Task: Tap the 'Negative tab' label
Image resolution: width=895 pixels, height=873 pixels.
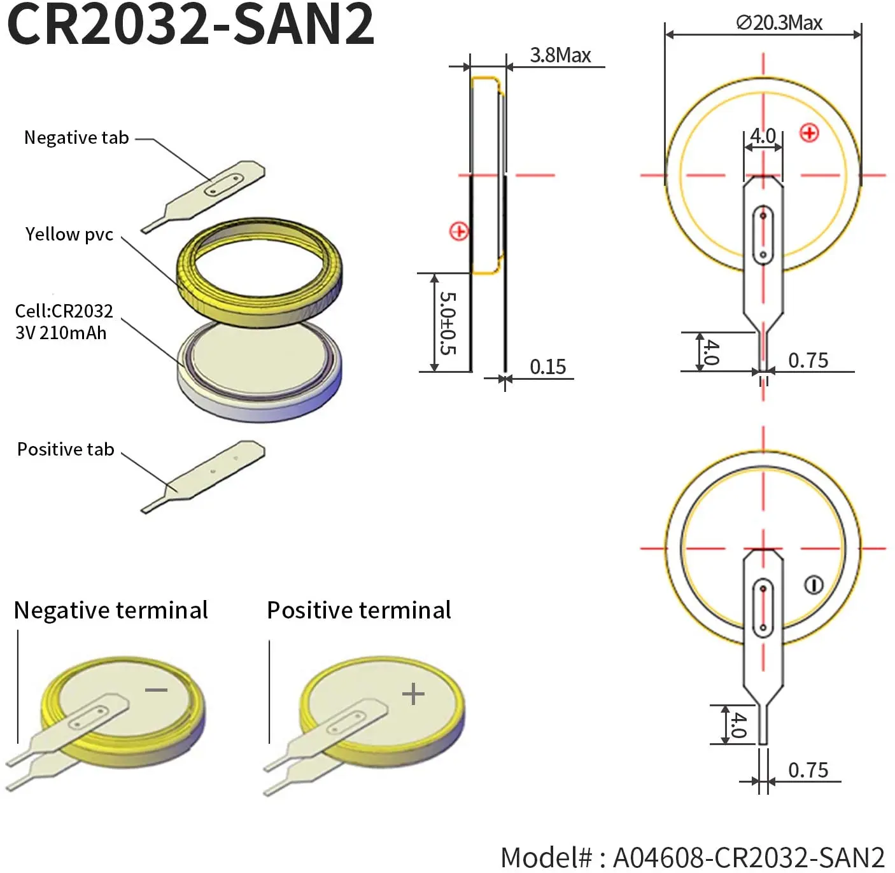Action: point(76,137)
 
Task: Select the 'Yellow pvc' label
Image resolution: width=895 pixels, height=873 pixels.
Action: point(69,234)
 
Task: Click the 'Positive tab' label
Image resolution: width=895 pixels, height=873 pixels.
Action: point(66,449)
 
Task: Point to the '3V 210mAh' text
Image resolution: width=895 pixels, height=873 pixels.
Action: point(60,333)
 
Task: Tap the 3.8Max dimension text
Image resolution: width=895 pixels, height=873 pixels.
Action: point(560,55)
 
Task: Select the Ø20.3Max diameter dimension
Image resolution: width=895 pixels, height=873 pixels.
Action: point(779,23)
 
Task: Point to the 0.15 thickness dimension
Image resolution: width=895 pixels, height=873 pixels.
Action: point(547,367)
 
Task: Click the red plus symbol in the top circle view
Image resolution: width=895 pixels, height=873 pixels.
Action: point(809,133)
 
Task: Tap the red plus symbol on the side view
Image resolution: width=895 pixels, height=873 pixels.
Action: point(459,231)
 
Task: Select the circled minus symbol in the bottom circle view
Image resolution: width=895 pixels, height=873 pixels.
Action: point(814,584)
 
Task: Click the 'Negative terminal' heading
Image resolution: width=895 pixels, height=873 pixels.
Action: point(111,610)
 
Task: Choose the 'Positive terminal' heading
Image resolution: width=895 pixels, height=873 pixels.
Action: point(359,610)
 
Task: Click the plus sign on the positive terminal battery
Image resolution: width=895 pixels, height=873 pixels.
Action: point(413,693)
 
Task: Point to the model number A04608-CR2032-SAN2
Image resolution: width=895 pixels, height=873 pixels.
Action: point(693,856)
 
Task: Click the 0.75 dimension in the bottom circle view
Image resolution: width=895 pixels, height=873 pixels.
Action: point(808,770)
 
